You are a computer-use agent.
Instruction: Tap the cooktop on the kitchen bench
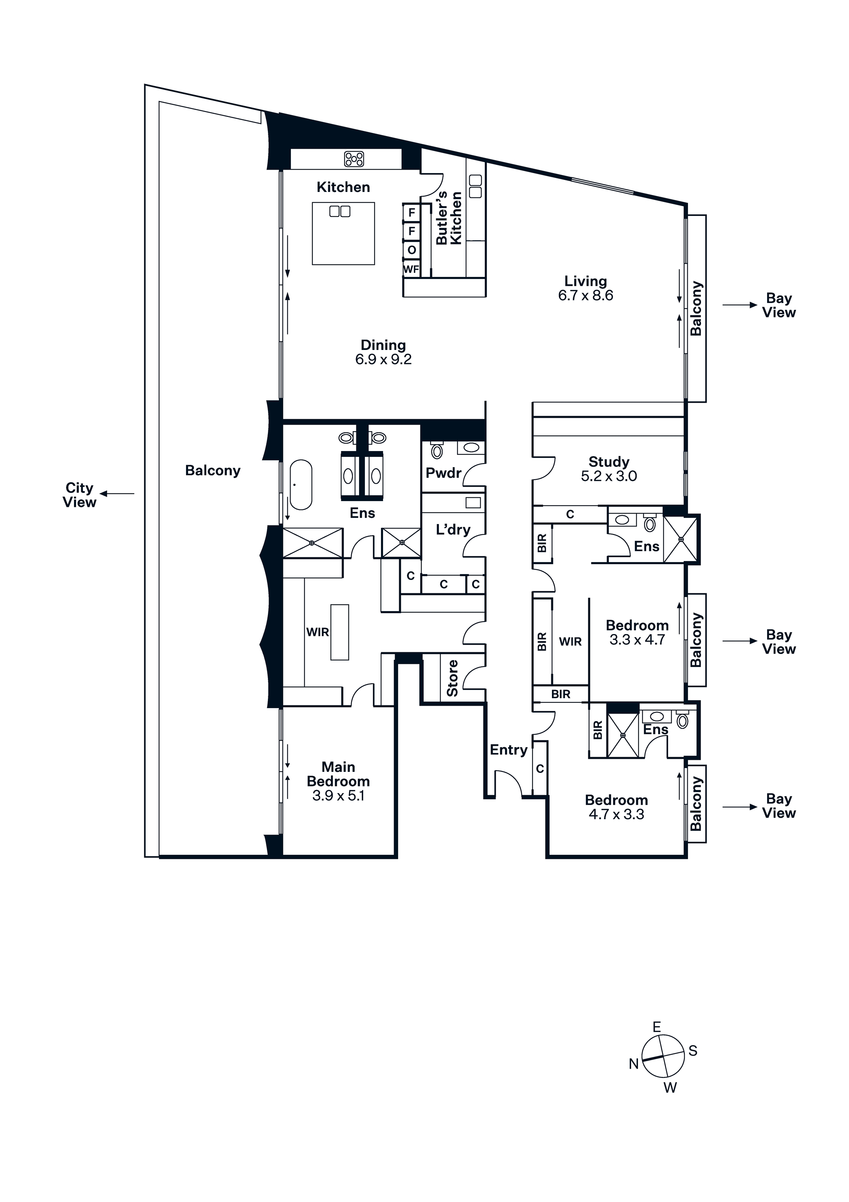[x=354, y=159]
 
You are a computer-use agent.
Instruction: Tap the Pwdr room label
[x=443, y=473]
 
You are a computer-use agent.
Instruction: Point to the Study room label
[x=609, y=462]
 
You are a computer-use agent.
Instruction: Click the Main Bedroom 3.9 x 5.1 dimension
[x=338, y=796]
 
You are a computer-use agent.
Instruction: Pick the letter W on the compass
[x=670, y=1088]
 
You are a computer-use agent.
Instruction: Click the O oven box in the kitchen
[x=411, y=250]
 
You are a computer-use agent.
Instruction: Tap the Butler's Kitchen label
[x=449, y=218]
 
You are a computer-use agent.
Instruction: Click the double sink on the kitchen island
[x=340, y=211]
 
